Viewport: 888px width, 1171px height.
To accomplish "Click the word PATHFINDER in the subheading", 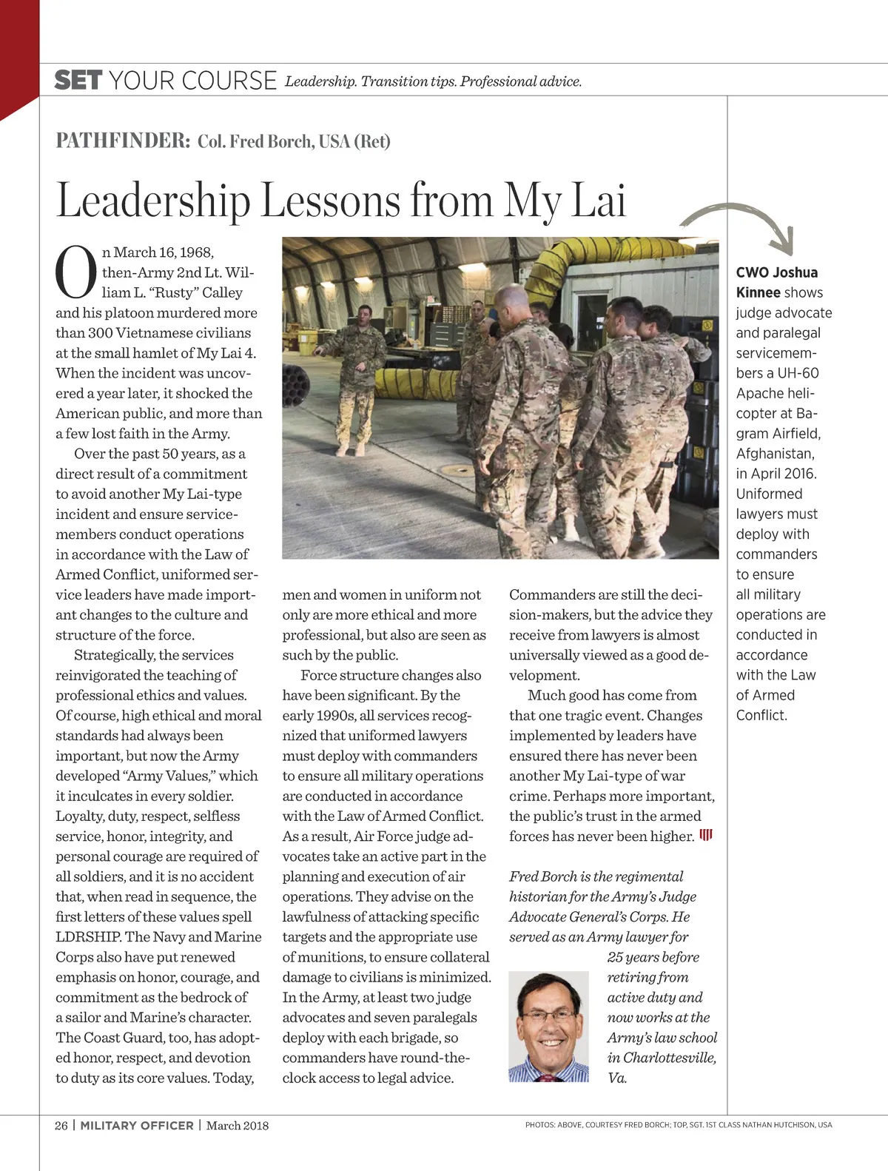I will [x=123, y=141].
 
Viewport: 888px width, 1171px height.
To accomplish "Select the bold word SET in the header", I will [x=78, y=80].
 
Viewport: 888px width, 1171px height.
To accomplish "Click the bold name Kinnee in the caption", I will [x=758, y=292].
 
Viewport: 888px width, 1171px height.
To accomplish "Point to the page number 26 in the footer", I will [x=61, y=1125].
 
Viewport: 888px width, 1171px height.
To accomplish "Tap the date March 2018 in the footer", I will [x=238, y=1125].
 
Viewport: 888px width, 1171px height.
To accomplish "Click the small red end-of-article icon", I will [x=706, y=836].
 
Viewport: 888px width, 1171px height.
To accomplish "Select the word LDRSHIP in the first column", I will [x=89, y=936].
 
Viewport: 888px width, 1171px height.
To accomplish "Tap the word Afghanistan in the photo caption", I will [x=775, y=453].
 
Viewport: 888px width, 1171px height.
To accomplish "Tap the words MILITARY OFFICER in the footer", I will [x=137, y=1125].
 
